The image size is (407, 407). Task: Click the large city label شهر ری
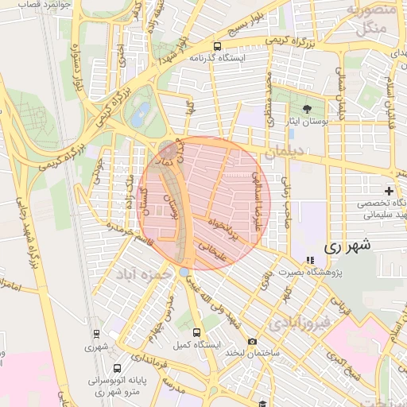348,246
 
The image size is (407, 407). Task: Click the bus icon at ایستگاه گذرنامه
217,46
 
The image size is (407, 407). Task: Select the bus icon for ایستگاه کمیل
196,334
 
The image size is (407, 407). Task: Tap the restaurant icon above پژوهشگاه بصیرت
310,261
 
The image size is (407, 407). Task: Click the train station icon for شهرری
96,334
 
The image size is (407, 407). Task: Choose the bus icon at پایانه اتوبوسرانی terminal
118,369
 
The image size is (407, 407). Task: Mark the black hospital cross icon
389,192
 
